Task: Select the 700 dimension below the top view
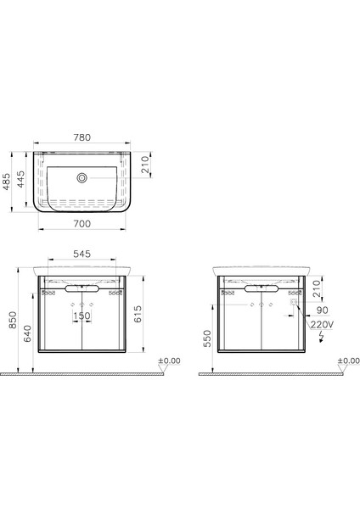[82, 223]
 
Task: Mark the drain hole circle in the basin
[82, 178]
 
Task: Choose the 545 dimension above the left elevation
[82, 254]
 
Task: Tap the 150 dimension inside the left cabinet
[82, 316]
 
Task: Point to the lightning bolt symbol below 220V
[320, 337]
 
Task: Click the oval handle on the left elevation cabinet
[82, 288]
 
